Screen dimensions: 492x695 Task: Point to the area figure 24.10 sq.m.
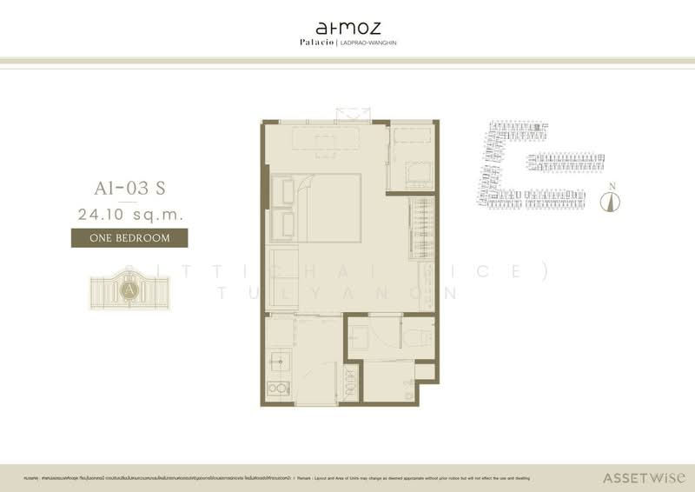128,213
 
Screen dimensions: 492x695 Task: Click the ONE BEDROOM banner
128,236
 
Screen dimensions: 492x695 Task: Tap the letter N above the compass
612,185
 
